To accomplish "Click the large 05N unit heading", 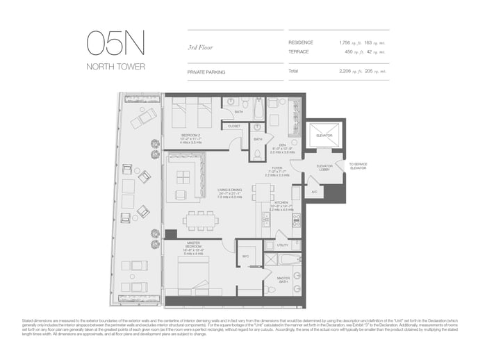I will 116,44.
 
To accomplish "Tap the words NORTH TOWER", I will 115,67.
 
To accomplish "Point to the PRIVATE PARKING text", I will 206,72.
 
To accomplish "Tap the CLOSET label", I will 234,126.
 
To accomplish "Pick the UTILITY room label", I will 282,245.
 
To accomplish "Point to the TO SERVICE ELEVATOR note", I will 358,166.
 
